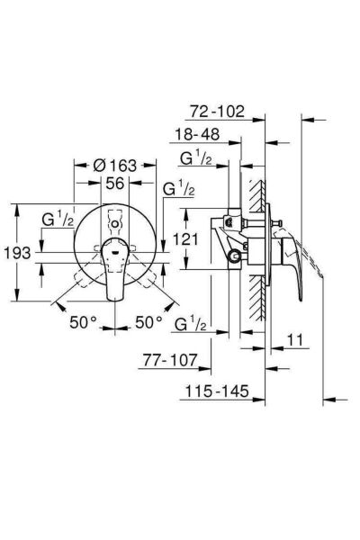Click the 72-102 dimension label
pyautogui.click(x=217, y=112)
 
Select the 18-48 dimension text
pyautogui.click(x=197, y=134)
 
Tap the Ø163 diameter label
pyautogui.click(x=115, y=166)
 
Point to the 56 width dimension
pyautogui.click(x=114, y=184)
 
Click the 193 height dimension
pyautogui.click(x=17, y=253)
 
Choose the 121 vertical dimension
pyautogui.click(x=185, y=238)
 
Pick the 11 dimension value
pyautogui.click(x=295, y=340)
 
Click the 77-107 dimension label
pyautogui.click(x=170, y=360)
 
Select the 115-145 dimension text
pyautogui.click(x=217, y=391)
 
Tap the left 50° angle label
pyautogui.click(x=83, y=322)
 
